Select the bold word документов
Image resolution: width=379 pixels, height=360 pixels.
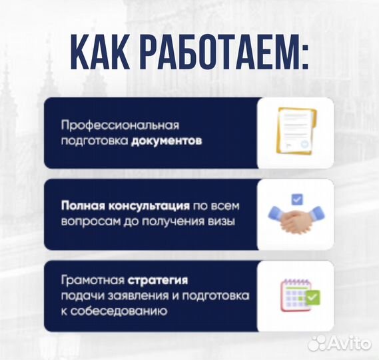(x=166, y=141)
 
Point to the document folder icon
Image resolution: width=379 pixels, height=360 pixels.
(x=295, y=132)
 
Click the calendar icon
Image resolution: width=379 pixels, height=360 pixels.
(x=294, y=293)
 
